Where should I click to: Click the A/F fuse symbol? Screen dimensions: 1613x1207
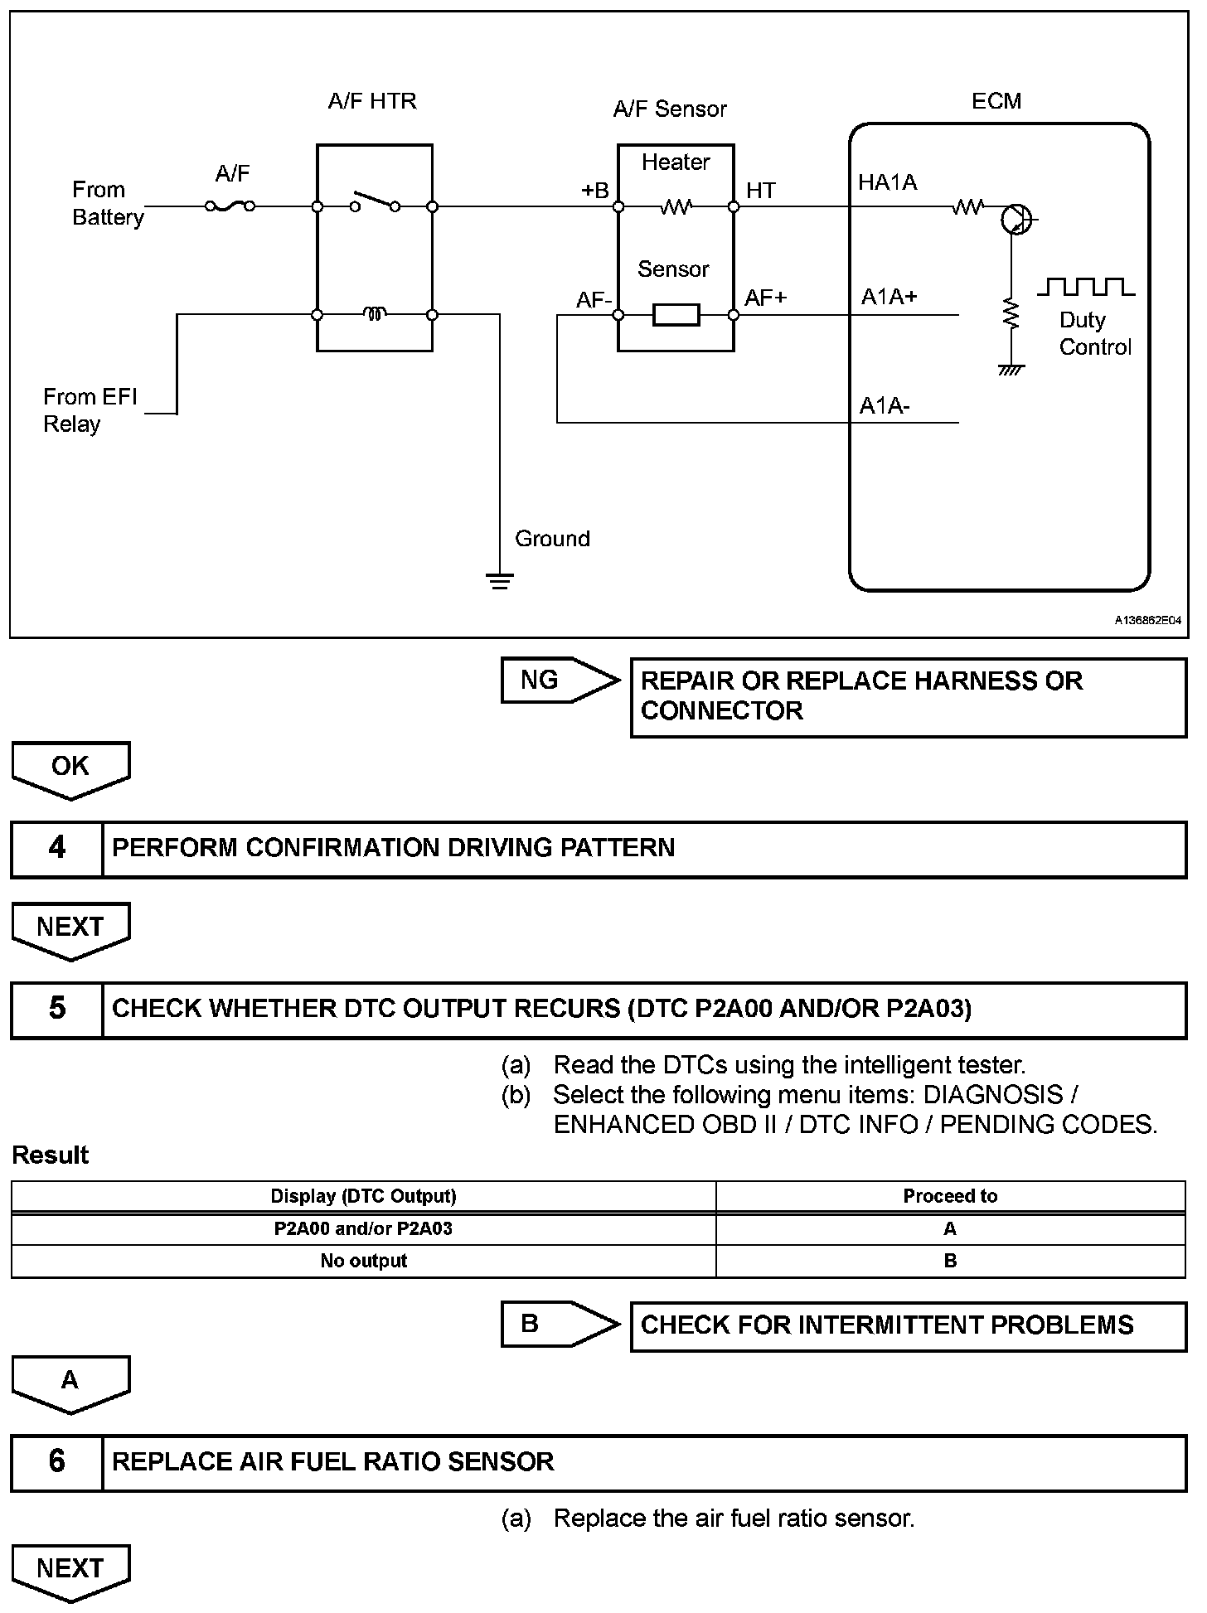coord(230,206)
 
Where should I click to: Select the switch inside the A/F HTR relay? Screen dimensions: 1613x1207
coord(375,202)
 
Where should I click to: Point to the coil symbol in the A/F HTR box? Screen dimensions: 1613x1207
coord(375,314)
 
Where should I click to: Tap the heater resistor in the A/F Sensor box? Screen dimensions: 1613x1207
coord(676,207)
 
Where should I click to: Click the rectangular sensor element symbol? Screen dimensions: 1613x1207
coord(676,315)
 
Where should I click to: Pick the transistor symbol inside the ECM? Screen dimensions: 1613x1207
coord(1016,220)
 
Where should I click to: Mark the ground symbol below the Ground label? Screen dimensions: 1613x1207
coord(500,580)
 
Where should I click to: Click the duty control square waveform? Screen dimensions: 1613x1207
coord(1086,287)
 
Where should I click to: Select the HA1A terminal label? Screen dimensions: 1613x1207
coord(887,183)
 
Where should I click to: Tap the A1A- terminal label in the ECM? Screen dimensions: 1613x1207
coord(885,406)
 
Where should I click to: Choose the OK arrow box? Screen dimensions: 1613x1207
coord(70,768)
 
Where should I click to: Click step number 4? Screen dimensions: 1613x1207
coord(57,848)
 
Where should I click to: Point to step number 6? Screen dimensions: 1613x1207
coord(57,1461)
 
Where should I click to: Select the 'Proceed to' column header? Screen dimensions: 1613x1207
coord(950,1196)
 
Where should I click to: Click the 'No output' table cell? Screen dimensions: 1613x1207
coord(363,1261)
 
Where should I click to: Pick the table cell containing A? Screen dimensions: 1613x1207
coord(950,1228)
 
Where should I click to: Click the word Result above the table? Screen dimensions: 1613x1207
coord(51,1155)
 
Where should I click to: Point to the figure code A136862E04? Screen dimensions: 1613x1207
coord(1147,620)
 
